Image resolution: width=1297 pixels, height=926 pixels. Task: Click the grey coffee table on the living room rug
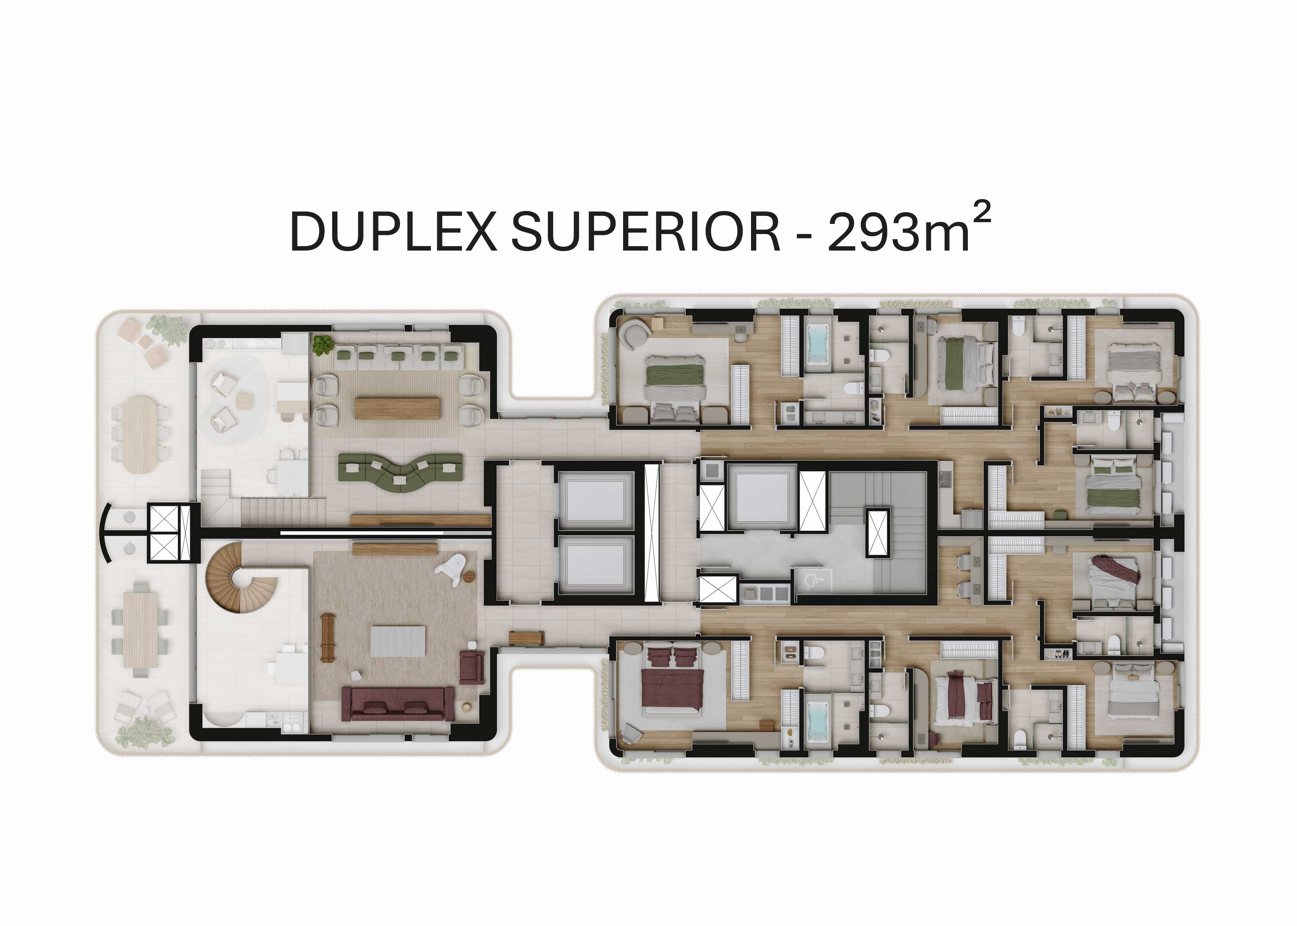click(398, 641)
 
